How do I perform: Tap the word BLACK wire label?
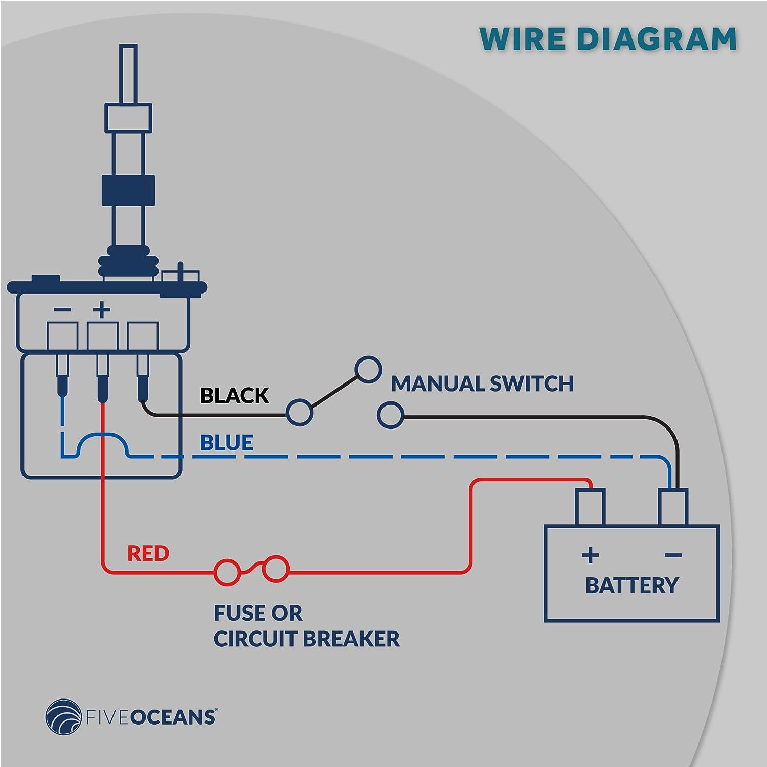pyautogui.click(x=234, y=395)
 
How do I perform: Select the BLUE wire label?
pyautogui.click(x=226, y=442)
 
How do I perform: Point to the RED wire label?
pyautogui.click(x=148, y=553)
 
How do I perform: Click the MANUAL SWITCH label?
pyautogui.click(x=482, y=384)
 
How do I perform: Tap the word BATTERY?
pyautogui.click(x=631, y=585)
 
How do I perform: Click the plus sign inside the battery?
pyautogui.click(x=590, y=555)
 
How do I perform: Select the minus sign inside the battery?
pyautogui.click(x=673, y=555)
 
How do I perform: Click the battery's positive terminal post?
pyautogui.click(x=591, y=507)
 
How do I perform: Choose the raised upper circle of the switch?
pyautogui.click(x=369, y=369)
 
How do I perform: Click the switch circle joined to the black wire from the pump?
pyautogui.click(x=299, y=412)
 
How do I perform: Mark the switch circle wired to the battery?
pyautogui.click(x=390, y=415)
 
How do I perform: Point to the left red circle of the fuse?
pyautogui.click(x=226, y=572)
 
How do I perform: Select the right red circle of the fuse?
pyautogui.click(x=276, y=569)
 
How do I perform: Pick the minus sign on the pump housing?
pyautogui.click(x=62, y=309)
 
